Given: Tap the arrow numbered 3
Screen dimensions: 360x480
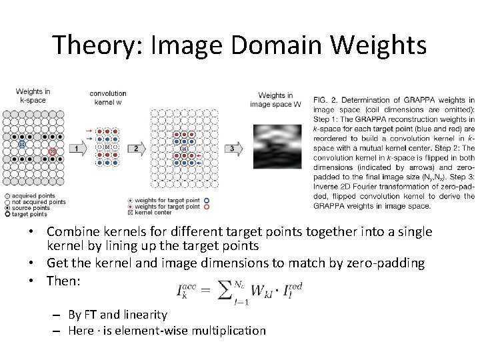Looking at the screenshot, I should [x=233, y=147].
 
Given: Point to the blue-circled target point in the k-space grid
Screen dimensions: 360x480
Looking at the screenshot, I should [x=21, y=144].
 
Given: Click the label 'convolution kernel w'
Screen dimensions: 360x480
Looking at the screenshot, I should [x=108, y=97].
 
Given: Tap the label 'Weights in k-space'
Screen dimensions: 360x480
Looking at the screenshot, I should [x=33, y=95].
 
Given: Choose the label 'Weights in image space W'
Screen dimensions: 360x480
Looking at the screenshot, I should [x=275, y=99].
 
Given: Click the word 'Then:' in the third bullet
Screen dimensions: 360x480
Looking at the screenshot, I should [x=63, y=281].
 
